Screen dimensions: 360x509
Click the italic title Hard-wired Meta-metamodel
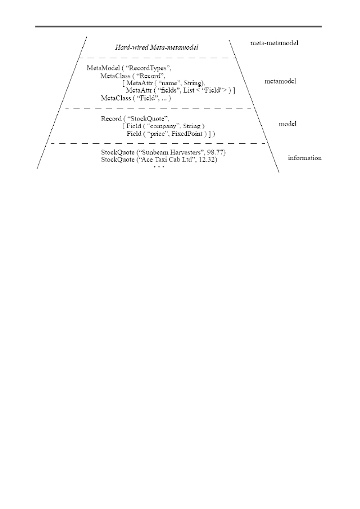pyautogui.click(x=157, y=47)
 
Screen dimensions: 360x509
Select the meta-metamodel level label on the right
pyautogui.click(x=274, y=43)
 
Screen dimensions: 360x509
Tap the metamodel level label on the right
pyautogui.click(x=280, y=81)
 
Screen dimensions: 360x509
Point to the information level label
pyautogui.click(x=305, y=158)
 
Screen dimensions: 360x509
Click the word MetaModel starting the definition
pyautogui.click(x=103, y=68)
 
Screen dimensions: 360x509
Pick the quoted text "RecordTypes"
pyautogui.click(x=149, y=68)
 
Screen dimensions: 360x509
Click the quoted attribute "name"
pyautogui.click(x=170, y=83)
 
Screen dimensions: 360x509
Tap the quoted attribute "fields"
pyautogui.click(x=169, y=90)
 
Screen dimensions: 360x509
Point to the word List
pyautogui.click(x=189, y=90)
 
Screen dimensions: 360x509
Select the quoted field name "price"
pyautogui.click(x=158, y=134)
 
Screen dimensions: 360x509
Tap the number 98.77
pyautogui.click(x=215, y=153)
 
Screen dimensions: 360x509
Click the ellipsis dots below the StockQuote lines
pyautogui.click(x=159, y=167)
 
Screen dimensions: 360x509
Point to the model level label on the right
pyautogui.click(x=287, y=123)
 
